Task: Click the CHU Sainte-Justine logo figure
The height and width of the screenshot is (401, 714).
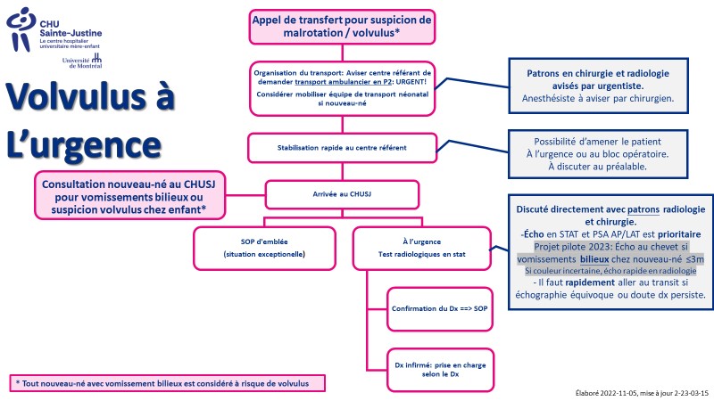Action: coord(21,29)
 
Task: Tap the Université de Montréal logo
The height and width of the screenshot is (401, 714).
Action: coord(82,61)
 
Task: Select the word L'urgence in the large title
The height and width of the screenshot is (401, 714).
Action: coord(84,146)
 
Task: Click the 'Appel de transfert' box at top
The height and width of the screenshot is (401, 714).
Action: coord(342,27)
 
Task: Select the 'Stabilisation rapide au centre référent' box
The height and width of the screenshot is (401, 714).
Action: coord(342,148)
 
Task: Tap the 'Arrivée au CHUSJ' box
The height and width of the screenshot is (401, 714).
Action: coord(342,194)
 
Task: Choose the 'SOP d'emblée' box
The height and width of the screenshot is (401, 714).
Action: coord(264,249)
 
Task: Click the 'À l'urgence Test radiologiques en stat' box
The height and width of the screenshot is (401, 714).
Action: coord(421,249)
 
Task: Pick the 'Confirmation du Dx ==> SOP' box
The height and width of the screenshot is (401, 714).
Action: coord(440,308)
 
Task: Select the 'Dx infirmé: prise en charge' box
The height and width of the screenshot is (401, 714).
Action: coord(440,370)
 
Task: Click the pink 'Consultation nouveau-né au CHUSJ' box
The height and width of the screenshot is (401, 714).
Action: coord(129,195)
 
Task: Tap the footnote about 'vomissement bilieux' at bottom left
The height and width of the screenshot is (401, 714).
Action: coord(167,383)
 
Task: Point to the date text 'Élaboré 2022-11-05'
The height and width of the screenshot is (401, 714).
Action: coord(606,393)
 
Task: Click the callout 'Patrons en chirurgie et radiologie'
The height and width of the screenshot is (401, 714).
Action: coord(598,86)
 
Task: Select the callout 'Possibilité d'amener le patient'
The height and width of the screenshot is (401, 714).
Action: coord(597,154)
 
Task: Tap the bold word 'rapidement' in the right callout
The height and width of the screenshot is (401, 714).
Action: coord(590,282)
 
